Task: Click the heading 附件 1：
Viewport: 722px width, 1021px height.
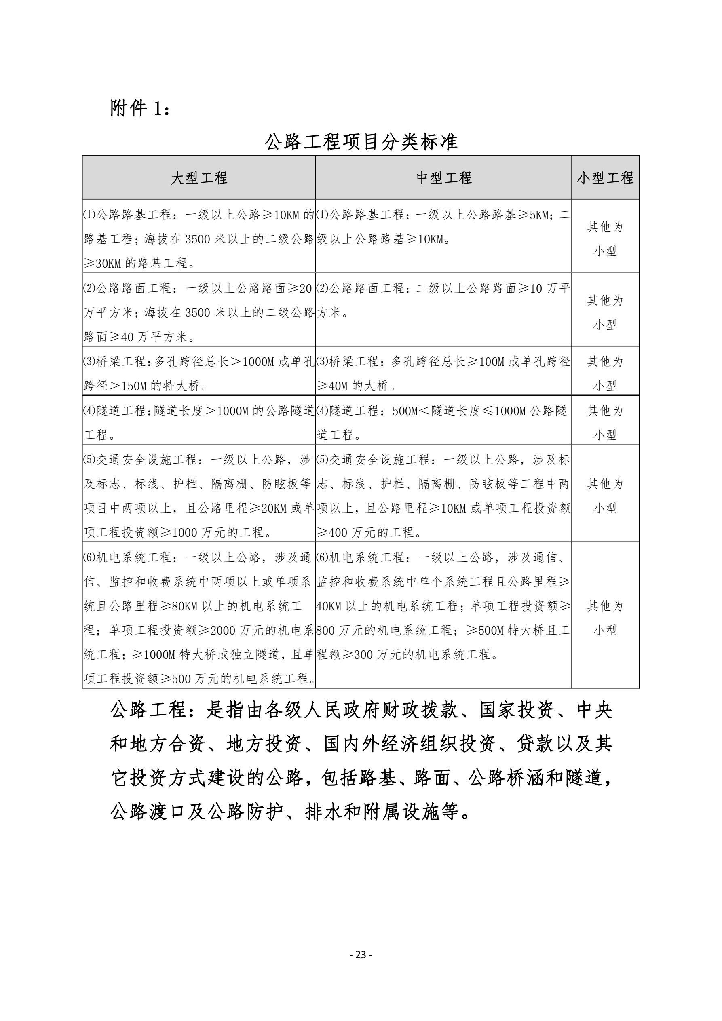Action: click(140, 108)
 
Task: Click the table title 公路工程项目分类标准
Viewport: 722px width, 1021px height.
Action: click(361, 142)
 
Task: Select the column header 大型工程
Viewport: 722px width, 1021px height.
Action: click(199, 178)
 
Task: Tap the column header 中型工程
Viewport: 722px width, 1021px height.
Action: click(443, 178)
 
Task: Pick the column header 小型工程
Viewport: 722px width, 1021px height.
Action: click(605, 178)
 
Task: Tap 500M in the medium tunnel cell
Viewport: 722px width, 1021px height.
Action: click(405, 411)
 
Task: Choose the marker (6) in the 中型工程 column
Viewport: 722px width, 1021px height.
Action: click(323, 558)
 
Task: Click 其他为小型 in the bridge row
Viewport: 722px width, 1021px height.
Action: click(605, 373)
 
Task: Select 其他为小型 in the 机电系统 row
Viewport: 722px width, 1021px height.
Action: click(605, 618)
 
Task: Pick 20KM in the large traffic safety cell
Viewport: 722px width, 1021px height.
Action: click(274, 508)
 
